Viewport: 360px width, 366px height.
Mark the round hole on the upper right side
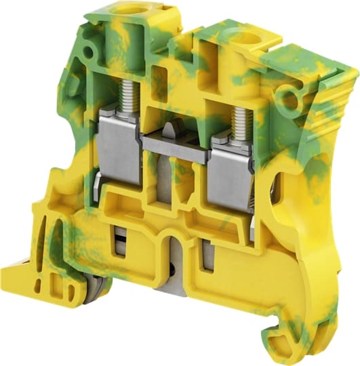click(290, 100)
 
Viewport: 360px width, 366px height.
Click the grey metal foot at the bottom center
click(174, 285)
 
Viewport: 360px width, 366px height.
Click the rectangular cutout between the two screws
click(161, 75)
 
